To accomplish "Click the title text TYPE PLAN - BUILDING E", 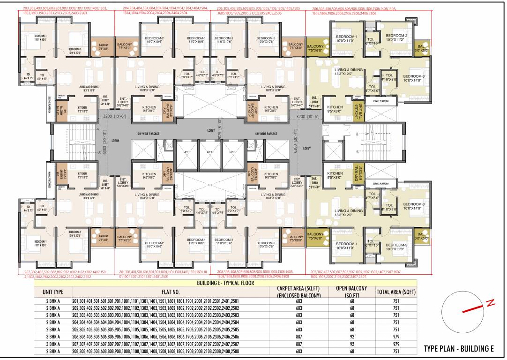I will pos(459,348).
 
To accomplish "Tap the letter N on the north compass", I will pos(491,303).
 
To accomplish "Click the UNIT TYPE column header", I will pos(52,292).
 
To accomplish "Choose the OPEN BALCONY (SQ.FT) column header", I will pos(351,292).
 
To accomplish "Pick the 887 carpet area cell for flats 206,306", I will pos(298,337).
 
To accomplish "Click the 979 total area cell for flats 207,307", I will pos(396,344).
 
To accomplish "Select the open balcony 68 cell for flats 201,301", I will pos(351,301).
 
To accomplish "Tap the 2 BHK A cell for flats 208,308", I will pos(52,352).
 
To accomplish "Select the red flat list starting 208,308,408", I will pos(256,274).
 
